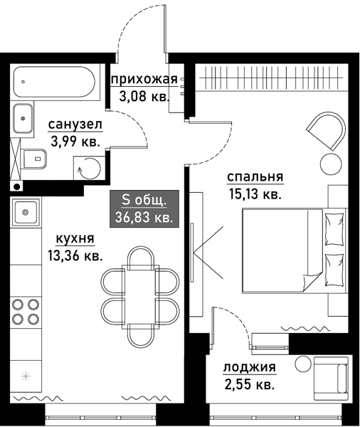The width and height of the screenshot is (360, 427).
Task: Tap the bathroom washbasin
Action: tap(23, 117)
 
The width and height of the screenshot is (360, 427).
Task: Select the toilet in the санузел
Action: tap(29, 158)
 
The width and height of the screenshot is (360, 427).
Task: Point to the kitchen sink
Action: tap(26, 211)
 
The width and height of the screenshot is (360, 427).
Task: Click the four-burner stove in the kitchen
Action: tap(26, 312)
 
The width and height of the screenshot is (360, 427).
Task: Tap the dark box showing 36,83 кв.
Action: tap(144, 209)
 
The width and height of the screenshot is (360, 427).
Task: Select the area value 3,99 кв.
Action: tap(75, 142)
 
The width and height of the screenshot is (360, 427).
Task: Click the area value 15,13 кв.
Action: tap(255, 194)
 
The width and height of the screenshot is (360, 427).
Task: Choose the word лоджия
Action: tap(249, 368)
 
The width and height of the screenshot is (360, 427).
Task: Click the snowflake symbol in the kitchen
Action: tap(26, 375)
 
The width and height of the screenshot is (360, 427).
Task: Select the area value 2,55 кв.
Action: tap(248, 385)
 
